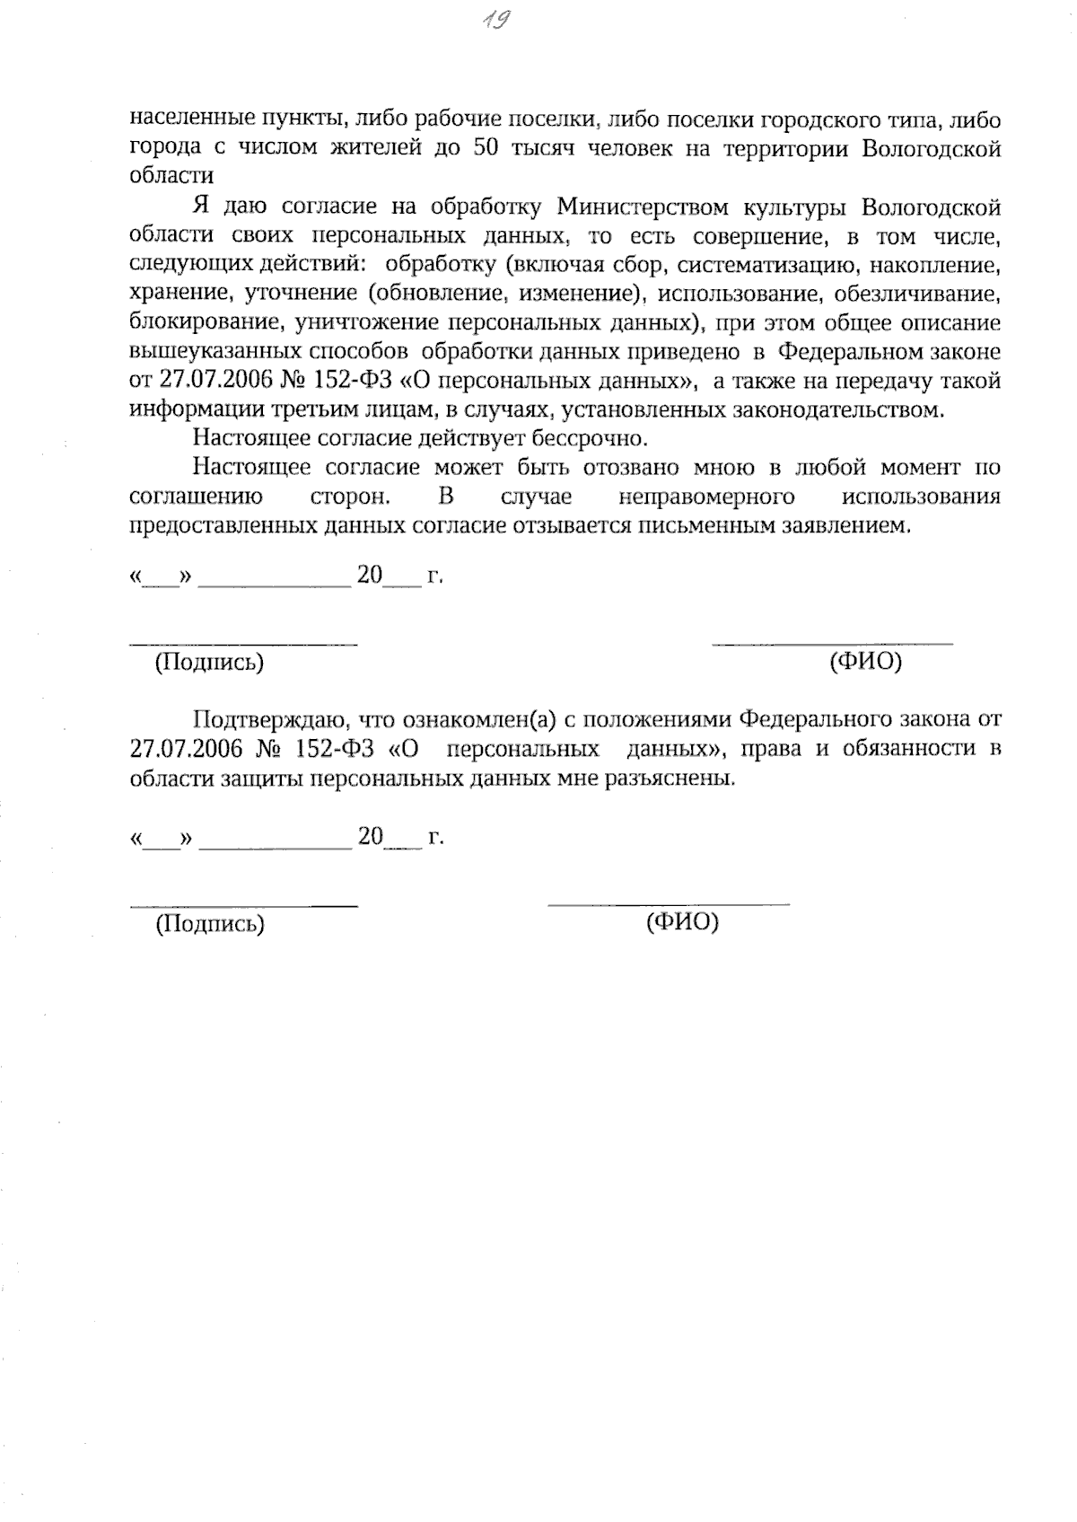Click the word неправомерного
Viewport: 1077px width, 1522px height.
(706, 497)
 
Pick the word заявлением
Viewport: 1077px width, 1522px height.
(842, 525)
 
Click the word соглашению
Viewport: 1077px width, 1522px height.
(196, 497)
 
